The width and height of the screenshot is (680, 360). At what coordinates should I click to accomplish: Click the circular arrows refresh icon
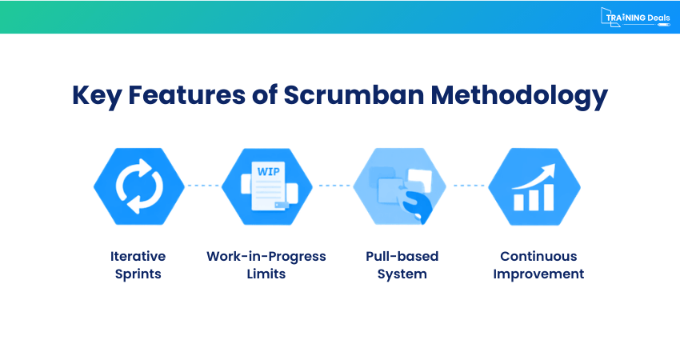(x=138, y=186)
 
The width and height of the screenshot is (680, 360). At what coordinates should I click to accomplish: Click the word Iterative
(x=138, y=256)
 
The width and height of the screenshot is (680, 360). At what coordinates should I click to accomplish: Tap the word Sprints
(x=138, y=274)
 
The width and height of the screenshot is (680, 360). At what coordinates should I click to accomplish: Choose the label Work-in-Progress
(x=266, y=256)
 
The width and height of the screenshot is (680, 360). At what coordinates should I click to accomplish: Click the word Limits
(x=266, y=274)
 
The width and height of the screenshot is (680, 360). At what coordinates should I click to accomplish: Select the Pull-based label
(x=402, y=256)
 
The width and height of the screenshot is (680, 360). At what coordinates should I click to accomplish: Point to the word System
(x=402, y=274)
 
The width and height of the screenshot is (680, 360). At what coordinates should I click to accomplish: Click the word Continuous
(x=538, y=256)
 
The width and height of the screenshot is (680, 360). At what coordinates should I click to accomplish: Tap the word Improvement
(x=538, y=274)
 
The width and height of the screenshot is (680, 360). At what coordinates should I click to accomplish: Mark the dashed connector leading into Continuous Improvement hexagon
(x=470, y=186)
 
